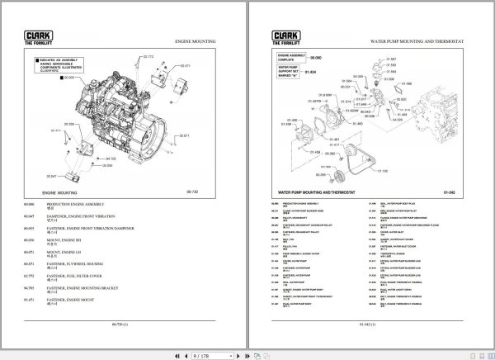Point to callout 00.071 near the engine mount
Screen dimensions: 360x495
(x=184, y=64)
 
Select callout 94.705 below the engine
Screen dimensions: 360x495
(x=111, y=158)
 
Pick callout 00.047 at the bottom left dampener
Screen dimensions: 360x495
(x=52, y=176)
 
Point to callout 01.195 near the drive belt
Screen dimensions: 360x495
(x=382, y=171)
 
